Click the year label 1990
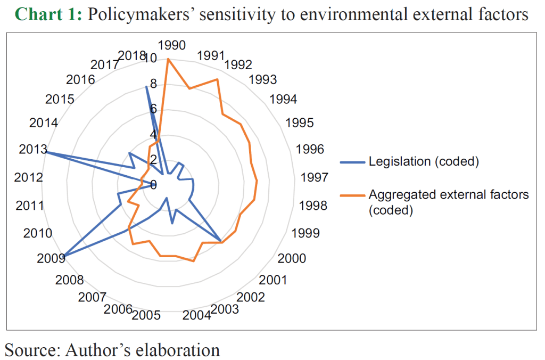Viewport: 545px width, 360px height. click(x=171, y=45)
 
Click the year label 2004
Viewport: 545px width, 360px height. click(x=197, y=315)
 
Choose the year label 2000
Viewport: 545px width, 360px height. click(x=292, y=258)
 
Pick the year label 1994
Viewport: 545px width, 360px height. click(x=283, y=100)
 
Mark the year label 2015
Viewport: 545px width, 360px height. click(x=60, y=100)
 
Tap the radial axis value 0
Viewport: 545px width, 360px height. click(x=153, y=185)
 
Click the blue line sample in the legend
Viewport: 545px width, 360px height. click(x=352, y=161)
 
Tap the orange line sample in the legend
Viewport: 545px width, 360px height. click(x=352, y=195)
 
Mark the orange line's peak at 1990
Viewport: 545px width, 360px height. click(x=168, y=59)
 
